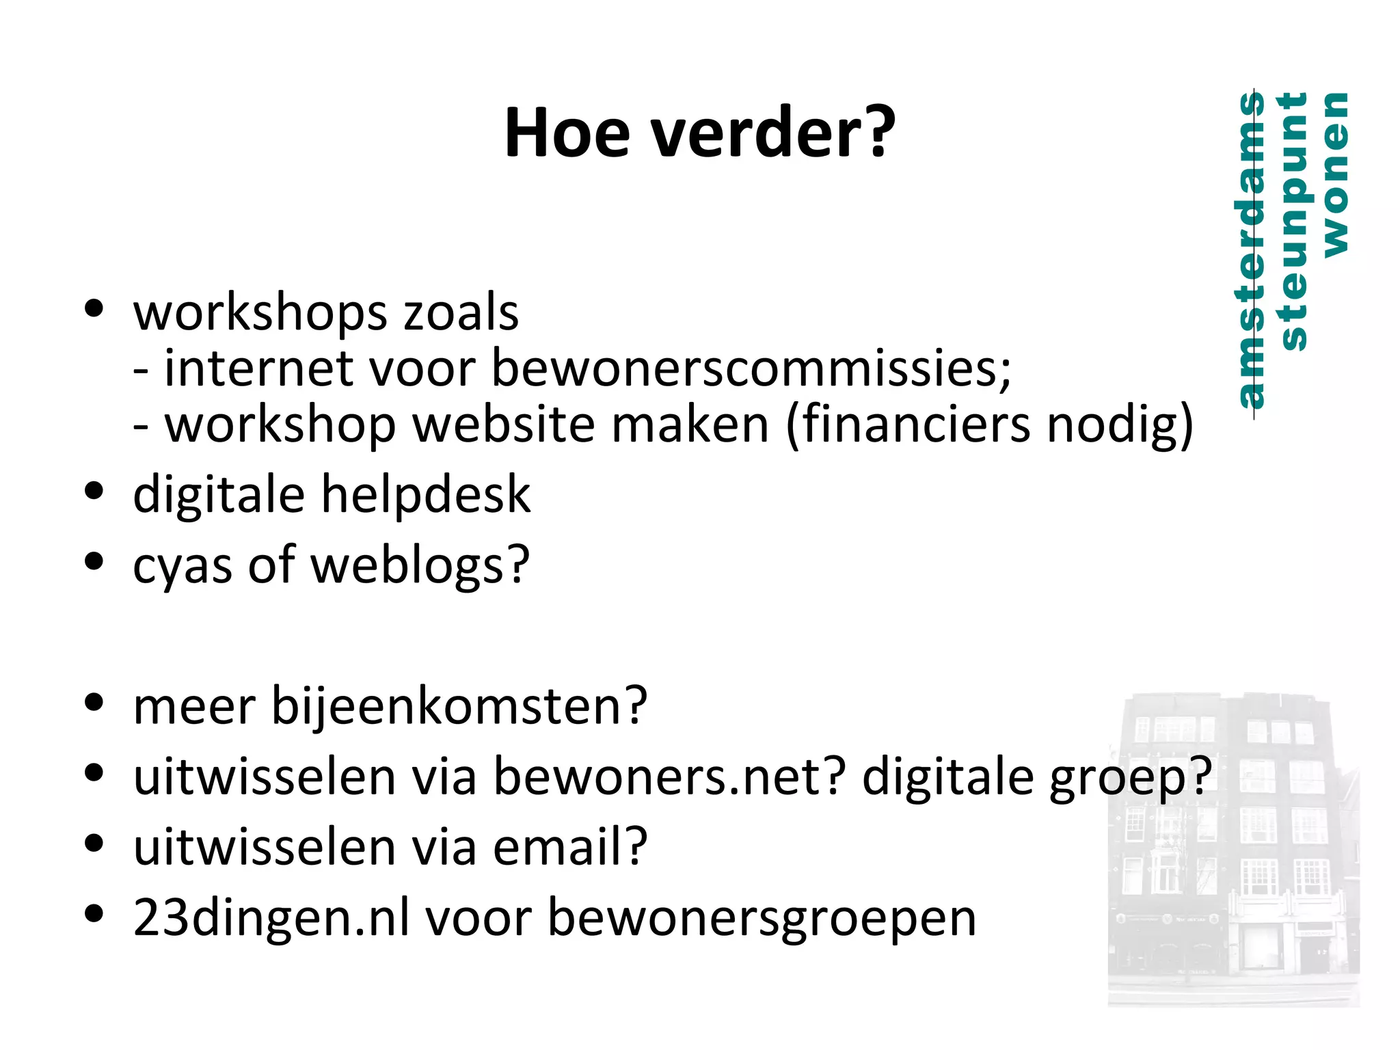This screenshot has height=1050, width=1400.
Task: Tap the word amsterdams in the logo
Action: pyautogui.click(x=1252, y=250)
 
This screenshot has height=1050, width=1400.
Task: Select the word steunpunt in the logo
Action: pyautogui.click(x=1294, y=221)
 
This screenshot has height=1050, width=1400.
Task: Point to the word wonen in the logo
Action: pyautogui.click(x=1336, y=175)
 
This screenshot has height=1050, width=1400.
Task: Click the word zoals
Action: pyautogui.click(x=461, y=313)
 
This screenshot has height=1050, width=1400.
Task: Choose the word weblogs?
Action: pyautogui.click(x=420, y=566)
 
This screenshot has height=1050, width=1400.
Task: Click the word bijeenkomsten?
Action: pyautogui.click(x=459, y=706)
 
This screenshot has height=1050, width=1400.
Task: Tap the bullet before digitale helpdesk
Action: pyautogui.click(x=94, y=490)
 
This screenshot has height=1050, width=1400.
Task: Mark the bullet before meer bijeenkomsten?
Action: pyautogui.click(x=94, y=702)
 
